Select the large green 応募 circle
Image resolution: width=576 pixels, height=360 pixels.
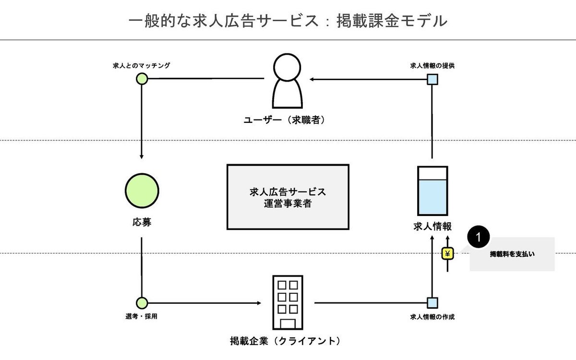[x=142, y=191]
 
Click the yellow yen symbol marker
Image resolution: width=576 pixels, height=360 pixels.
[x=448, y=253]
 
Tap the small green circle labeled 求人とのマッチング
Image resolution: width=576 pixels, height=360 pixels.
[x=142, y=79]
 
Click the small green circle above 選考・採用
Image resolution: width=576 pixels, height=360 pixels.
[x=142, y=303]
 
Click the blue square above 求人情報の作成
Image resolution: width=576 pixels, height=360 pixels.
[x=432, y=303]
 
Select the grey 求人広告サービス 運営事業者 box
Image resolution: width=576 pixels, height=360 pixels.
[x=288, y=197]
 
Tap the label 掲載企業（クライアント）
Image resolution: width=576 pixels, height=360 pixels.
[x=286, y=342]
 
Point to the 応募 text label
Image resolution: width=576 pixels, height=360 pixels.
[x=142, y=223]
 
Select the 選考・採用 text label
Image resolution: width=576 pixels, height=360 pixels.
[x=141, y=317]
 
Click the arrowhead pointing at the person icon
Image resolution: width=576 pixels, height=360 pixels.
[x=312, y=79]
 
